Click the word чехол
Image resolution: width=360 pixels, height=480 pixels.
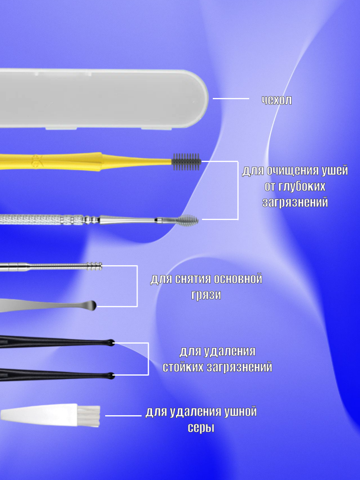pyautogui.click(x=277, y=100)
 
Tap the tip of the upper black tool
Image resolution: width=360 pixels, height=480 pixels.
pyautogui.click(x=110, y=342)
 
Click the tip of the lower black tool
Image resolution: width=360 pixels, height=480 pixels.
pyautogui.click(x=110, y=376)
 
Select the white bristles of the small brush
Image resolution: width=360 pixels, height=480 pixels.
pyautogui.click(x=91, y=416)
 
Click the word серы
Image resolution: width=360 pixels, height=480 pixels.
pyautogui.click(x=201, y=428)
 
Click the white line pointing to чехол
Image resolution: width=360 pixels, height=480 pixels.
pyautogui.click(x=231, y=98)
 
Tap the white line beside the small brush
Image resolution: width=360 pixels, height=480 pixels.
pyautogui.click(x=123, y=416)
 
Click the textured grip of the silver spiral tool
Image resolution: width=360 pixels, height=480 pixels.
pyautogui.click(x=32, y=219)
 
